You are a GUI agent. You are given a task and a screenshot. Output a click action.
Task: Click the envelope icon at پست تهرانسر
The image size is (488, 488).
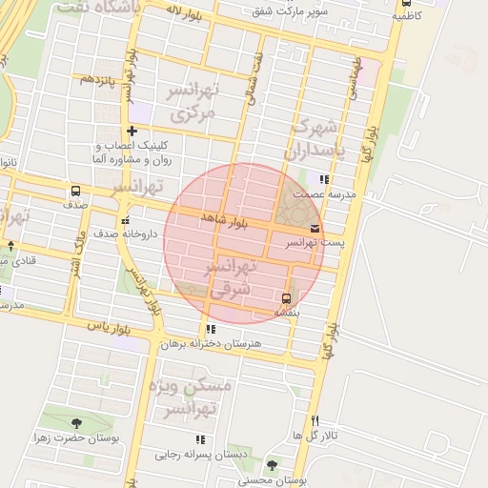(315, 229)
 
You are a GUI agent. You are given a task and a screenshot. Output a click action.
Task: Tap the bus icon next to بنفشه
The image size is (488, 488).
(287, 295)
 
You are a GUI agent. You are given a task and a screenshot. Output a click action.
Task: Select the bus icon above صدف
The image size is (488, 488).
(75, 190)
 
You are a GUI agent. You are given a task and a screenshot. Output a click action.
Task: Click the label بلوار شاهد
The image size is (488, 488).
(224, 220)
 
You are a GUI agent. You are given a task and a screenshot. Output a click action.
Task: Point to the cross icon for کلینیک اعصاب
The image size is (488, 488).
(132, 131)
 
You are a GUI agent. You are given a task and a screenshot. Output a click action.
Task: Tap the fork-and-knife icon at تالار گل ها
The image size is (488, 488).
(315, 421)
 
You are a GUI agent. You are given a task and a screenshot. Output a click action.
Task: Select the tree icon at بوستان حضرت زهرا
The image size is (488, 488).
(76, 423)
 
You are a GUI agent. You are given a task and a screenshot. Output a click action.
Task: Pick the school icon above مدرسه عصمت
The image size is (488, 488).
(324, 178)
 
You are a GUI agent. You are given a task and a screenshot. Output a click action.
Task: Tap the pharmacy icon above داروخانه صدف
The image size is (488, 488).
(125, 221)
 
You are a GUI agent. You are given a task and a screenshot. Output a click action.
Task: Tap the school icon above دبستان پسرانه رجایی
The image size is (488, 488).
(200, 439)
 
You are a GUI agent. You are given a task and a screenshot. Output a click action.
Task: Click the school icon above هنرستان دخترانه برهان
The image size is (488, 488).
(211, 329)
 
